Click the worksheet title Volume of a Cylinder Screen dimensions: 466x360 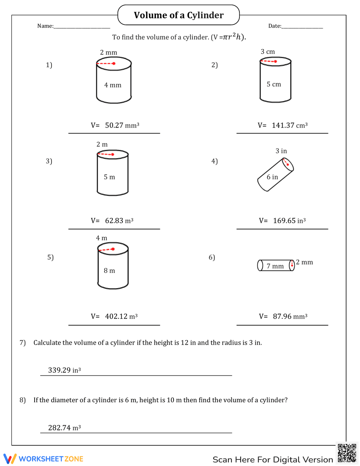point(179,15)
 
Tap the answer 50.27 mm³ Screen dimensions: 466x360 point(122,125)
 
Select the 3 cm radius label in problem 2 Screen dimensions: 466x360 point(268,51)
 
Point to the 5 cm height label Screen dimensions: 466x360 point(274,84)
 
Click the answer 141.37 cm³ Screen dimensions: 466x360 point(289,125)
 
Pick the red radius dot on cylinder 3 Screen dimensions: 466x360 point(113,154)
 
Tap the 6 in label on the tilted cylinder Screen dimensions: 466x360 point(272,177)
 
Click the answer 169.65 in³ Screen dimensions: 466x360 point(289,221)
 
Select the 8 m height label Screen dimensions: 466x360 point(109,270)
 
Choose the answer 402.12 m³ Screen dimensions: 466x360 point(121,317)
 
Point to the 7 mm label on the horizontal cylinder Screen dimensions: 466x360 point(275,266)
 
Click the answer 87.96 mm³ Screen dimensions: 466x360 point(290,317)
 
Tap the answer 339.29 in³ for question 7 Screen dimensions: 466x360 point(64,370)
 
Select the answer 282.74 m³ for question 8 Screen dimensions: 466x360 point(64,428)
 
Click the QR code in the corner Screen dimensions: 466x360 point(347,453)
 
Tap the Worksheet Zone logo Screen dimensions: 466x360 point(44,459)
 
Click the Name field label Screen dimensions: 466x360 point(45,26)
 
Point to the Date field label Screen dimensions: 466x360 point(275,26)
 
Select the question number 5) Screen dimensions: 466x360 point(50,257)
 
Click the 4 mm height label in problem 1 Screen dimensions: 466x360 point(113,85)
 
